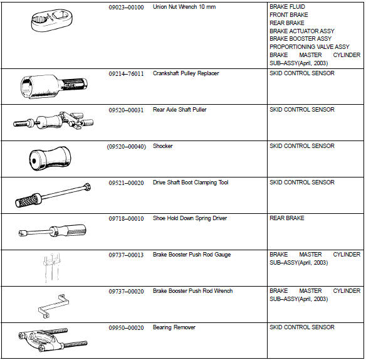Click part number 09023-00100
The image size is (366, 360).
coord(126,6)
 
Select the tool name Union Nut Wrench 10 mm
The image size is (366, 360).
coord(184,6)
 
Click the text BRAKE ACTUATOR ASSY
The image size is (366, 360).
coord(301,31)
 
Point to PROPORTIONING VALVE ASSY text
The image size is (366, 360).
coord(309,46)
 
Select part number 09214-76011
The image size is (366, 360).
coord(126,73)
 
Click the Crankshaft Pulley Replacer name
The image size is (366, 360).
coord(186,73)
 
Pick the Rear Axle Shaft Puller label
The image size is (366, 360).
coord(179,110)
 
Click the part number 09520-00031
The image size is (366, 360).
coord(126,110)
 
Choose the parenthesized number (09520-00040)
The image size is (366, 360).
coord(126,146)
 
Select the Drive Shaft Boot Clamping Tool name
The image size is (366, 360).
coord(191,183)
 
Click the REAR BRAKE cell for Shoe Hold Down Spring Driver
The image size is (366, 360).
coord(286,218)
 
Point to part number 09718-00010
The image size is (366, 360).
coord(126,218)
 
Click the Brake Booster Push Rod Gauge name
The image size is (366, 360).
coord(191,255)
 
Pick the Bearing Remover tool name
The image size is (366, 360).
coord(174,327)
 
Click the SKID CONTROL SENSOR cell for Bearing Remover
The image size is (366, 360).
coord(301,327)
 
